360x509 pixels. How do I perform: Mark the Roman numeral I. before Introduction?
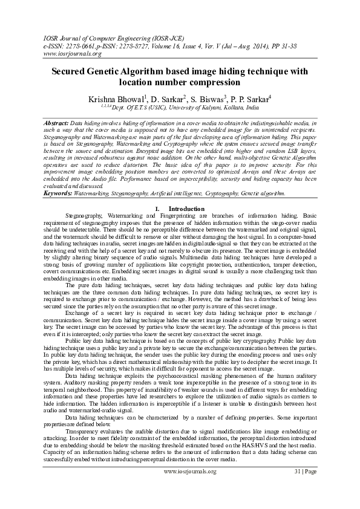coord(157,209)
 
